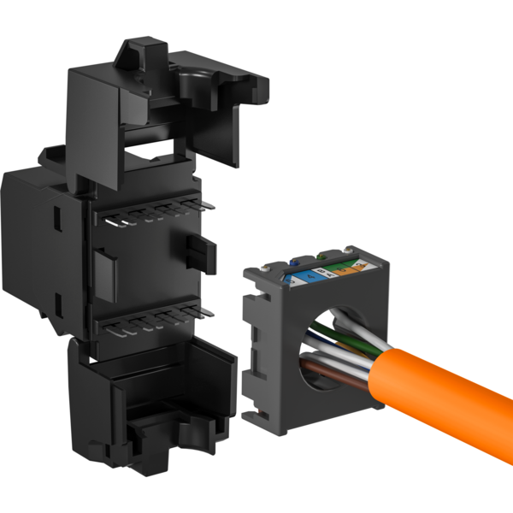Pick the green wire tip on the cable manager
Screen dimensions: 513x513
(x=321, y=254)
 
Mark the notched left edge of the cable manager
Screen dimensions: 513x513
(x=251, y=342)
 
